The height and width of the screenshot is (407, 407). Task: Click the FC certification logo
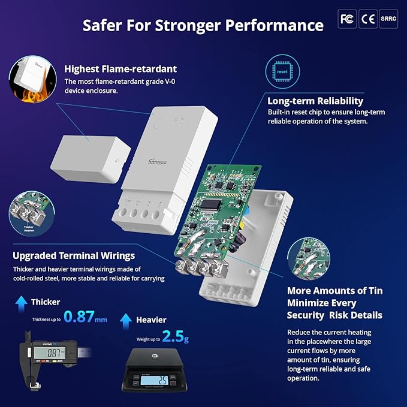(346, 19)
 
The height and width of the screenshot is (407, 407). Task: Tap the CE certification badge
(367, 19)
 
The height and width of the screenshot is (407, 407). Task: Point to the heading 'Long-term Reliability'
(315, 101)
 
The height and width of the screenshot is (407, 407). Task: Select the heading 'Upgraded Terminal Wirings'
(74, 256)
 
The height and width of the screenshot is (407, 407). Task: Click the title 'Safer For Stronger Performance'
(203, 25)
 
